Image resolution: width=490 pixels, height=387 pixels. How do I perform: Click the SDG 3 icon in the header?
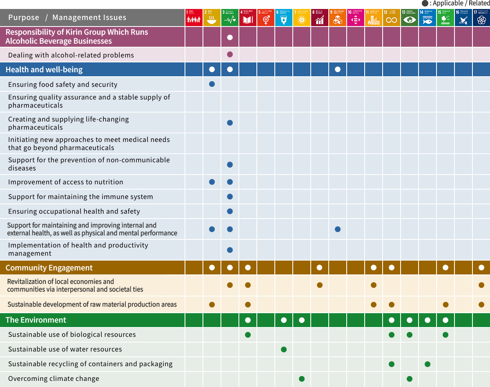click(x=230, y=18)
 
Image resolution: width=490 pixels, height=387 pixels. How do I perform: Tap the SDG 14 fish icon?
click(x=428, y=18)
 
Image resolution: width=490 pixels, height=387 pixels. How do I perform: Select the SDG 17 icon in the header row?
click(x=481, y=18)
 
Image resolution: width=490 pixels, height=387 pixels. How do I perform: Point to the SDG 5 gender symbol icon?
click(x=266, y=18)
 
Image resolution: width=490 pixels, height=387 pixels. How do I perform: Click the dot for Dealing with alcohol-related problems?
click(x=230, y=55)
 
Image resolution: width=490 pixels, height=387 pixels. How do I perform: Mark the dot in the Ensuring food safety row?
click(x=212, y=84)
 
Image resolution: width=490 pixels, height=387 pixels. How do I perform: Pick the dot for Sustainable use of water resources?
click(x=284, y=349)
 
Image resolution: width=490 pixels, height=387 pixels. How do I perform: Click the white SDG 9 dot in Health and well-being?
click(x=338, y=69)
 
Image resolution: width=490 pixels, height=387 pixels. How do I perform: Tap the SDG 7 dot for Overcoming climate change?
click(x=302, y=378)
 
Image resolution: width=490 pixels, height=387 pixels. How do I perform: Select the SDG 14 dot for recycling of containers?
click(x=428, y=364)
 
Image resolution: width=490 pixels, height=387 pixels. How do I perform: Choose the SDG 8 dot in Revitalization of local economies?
click(x=320, y=285)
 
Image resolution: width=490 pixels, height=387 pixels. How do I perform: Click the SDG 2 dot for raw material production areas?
click(x=212, y=304)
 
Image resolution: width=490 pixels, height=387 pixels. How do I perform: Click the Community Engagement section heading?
click(x=49, y=268)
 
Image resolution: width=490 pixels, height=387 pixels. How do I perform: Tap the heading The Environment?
click(x=36, y=320)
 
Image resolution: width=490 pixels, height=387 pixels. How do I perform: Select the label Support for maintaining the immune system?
click(x=80, y=197)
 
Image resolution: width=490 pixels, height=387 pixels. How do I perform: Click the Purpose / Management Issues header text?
click(x=67, y=18)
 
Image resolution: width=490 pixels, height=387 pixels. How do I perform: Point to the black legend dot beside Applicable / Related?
click(x=425, y=3)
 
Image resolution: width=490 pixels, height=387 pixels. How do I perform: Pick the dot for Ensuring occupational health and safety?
click(x=230, y=211)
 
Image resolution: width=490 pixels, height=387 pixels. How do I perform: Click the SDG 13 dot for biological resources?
click(x=410, y=334)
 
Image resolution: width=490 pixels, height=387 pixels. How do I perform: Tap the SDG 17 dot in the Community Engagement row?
click(x=481, y=268)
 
